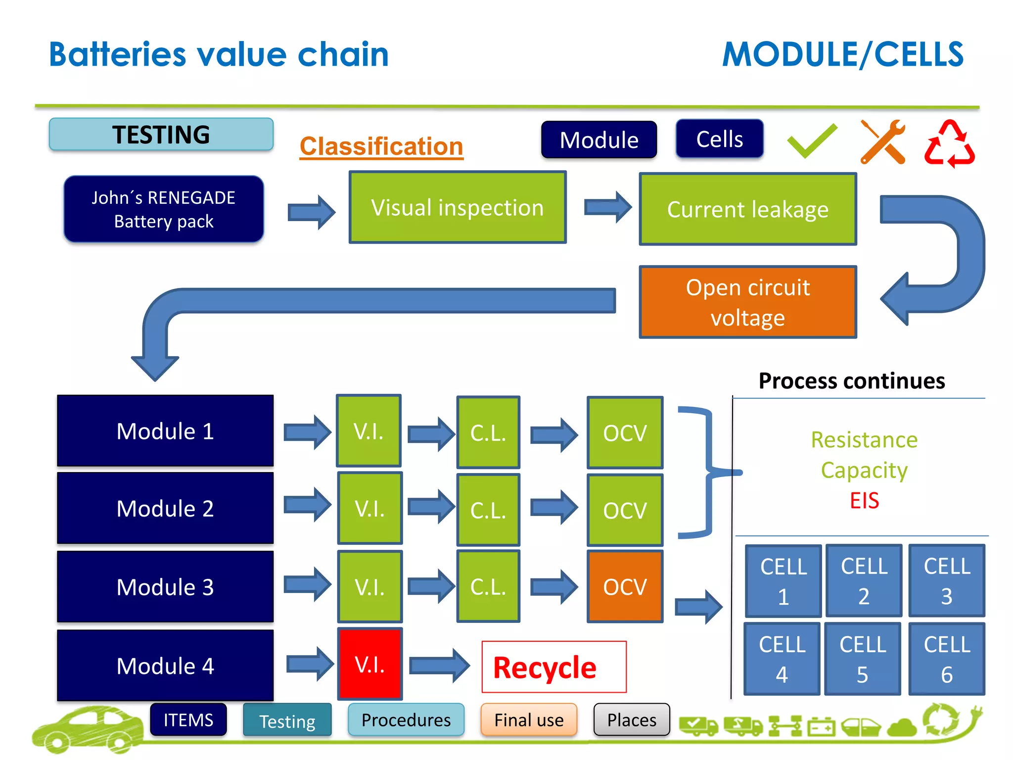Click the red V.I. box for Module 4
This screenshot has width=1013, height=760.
tap(369, 664)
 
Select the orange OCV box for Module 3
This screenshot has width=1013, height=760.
tap(625, 587)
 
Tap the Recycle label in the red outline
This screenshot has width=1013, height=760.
tap(553, 667)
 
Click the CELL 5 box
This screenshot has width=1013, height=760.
tap(862, 659)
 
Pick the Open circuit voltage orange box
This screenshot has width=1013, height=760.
tap(747, 302)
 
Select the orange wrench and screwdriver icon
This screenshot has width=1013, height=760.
tap(882, 142)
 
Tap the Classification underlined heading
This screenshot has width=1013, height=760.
tap(381, 146)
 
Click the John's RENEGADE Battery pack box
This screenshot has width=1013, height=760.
tap(164, 209)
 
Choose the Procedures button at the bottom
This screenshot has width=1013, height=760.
tap(406, 720)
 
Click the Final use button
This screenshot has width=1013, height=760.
tap(529, 720)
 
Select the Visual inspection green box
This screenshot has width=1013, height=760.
tap(457, 207)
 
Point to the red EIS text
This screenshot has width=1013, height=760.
tap(864, 500)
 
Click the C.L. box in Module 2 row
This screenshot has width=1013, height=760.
tap(488, 510)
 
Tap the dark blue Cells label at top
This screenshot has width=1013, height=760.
tap(719, 139)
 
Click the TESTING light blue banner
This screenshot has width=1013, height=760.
tap(161, 135)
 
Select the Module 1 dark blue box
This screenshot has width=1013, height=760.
tap(165, 431)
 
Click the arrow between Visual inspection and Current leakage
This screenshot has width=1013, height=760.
tap(607, 207)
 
